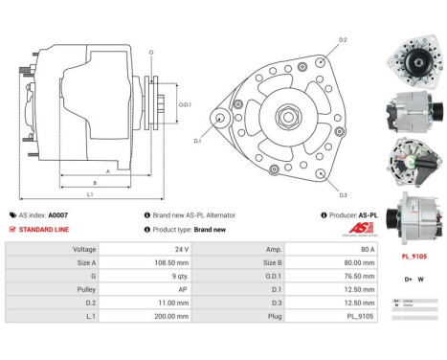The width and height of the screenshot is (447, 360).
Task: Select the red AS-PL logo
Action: pyautogui.click(x=358, y=230)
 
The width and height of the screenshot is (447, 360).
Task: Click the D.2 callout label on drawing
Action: pyautogui.click(x=343, y=40)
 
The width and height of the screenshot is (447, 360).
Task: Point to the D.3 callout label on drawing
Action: pyautogui.click(x=343, y=193)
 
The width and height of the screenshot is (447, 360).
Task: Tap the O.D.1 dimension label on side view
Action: pyautogui.click(x=185, y=103)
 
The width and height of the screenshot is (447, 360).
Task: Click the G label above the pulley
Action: pyautogui.click(x=151, y=52)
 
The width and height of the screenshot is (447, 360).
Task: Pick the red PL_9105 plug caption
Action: pyautogui.click(x=413, y=256)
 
